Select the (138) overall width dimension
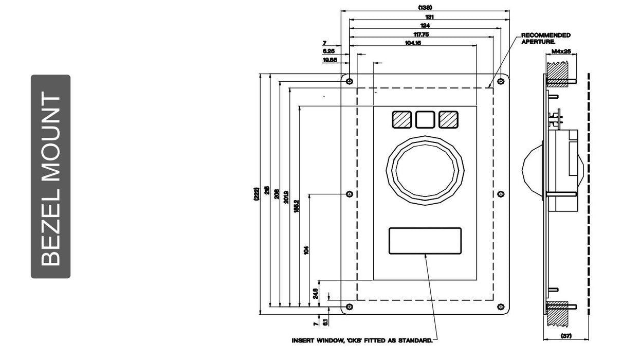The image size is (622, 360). point(425,7)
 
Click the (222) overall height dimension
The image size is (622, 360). point(256,194)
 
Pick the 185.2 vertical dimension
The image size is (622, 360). point(297,206)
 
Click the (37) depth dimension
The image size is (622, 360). point(566,336)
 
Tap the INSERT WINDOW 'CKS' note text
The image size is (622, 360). point(362,340)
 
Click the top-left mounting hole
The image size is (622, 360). point(350,81)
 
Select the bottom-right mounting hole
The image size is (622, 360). point(501,307)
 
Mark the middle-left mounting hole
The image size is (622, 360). point(350,194)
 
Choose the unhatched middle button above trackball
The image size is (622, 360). point(425,119)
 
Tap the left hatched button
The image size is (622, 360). point(401,119)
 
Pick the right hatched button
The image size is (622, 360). point(448,119)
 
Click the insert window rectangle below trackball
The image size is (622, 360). point(425,241)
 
